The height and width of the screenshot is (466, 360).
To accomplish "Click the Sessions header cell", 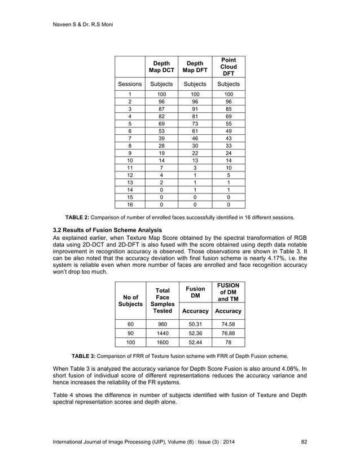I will (130, 84).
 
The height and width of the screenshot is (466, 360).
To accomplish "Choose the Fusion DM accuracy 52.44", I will (195, 342).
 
